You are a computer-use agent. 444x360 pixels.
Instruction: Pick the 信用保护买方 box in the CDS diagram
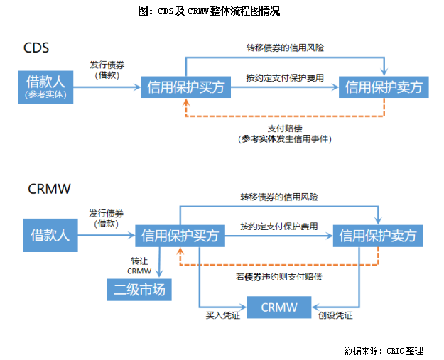(185, 87)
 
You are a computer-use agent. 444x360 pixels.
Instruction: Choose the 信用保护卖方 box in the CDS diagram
(384, 87)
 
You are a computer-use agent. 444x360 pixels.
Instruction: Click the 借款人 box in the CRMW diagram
(50, 234)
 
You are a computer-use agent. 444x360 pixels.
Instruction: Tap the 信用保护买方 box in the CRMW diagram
(180, 234)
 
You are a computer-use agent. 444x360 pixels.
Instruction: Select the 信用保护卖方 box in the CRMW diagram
(377, 235)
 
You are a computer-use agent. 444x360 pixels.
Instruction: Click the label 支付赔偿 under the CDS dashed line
(285, 129)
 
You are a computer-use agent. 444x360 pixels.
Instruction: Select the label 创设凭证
(334, 315)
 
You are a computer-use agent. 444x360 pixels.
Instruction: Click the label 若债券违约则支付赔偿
(278, 276)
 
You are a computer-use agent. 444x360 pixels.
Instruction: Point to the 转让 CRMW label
(139, 266)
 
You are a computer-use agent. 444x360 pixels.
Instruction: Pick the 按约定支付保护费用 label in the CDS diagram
(285, 77)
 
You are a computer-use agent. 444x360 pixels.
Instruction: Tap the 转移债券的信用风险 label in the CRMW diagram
(278, 196)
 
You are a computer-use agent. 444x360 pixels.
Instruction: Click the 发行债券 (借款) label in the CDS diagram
(108, 69)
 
